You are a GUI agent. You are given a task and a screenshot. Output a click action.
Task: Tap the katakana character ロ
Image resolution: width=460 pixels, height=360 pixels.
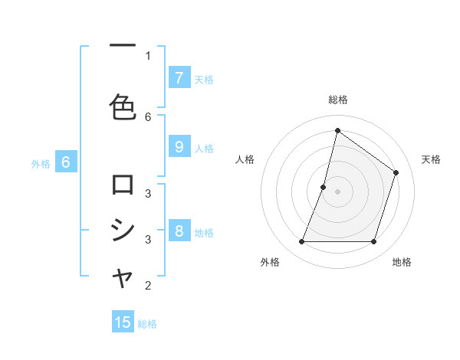123,185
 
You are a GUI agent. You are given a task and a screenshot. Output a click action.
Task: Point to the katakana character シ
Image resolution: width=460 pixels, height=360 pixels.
123,230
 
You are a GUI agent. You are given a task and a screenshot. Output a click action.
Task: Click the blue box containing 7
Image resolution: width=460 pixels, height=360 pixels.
179,77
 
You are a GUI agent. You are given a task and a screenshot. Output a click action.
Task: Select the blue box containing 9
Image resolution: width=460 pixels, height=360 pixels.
179,146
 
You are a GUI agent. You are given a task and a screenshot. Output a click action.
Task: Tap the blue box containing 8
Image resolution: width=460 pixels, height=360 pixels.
179,231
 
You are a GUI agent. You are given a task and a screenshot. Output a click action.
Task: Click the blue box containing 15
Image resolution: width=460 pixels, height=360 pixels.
123,322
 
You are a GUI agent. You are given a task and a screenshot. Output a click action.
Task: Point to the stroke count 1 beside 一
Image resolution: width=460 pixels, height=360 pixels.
148,55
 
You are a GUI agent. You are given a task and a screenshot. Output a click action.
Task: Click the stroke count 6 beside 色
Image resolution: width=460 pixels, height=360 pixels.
148,116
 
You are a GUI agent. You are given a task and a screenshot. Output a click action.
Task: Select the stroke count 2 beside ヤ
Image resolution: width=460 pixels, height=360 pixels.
148,286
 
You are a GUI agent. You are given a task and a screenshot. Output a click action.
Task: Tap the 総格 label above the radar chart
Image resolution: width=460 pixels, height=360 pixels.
337,100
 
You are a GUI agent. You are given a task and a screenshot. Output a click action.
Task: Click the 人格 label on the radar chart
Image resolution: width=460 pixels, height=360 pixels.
245,159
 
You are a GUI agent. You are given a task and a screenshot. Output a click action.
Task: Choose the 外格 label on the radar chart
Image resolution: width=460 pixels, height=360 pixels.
270,262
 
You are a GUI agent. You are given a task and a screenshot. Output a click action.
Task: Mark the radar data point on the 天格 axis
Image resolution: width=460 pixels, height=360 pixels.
396,172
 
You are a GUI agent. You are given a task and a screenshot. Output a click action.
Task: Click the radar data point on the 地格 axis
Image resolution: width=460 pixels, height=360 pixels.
373,242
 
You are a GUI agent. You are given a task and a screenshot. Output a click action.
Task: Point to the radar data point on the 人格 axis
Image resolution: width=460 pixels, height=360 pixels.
324,187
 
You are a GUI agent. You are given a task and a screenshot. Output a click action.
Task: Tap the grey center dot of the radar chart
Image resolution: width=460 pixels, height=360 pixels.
337,191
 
